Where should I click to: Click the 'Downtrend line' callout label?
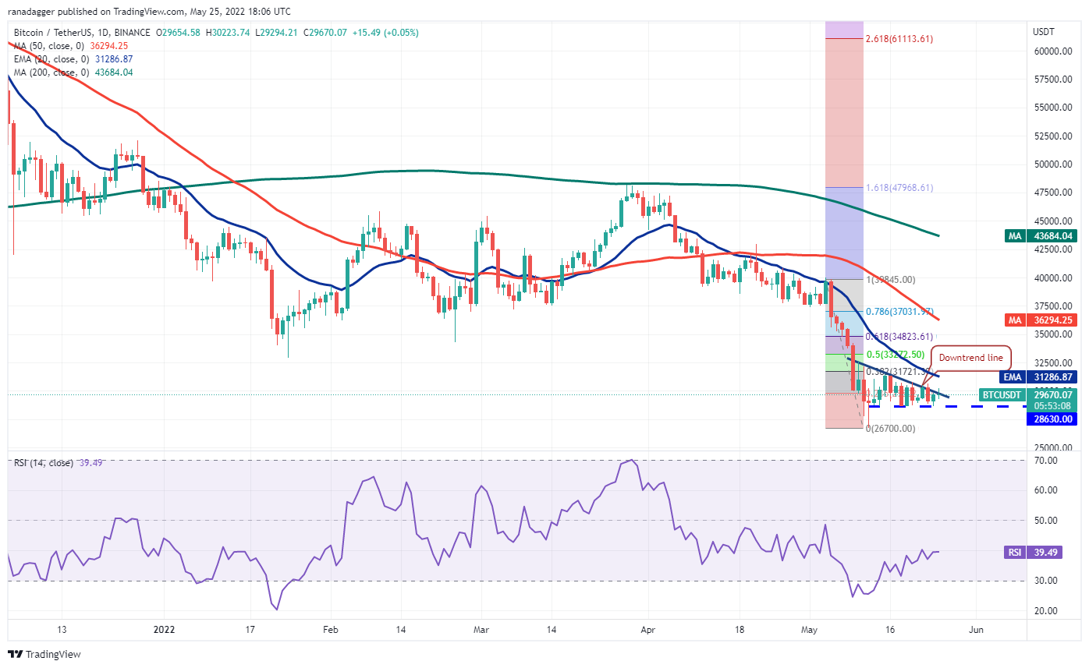[x=971, y=359]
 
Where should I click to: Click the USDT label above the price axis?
[x=1045, y=32]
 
